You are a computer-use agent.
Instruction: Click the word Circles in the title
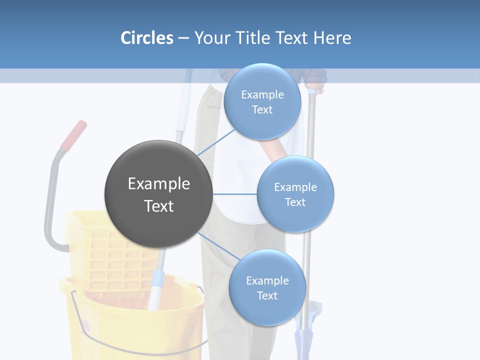pyautogui.click(x=146, y=38)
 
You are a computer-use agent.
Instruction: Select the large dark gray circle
pyautogui.click(x=158, y=194)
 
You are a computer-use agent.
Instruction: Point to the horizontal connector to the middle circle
pyautogui.click(x=234, y=194)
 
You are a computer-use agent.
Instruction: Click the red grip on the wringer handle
pyautogui.click(x=74, y=134)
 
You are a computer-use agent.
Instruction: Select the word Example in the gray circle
pyautogui.click(x=158, y=184)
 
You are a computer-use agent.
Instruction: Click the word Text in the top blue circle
pyautogui.click(x=262, y=110)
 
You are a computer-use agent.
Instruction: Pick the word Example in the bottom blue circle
pyautogui.click(x=267, y=281)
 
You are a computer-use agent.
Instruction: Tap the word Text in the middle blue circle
pyautogui.click(x=295, y=202)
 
